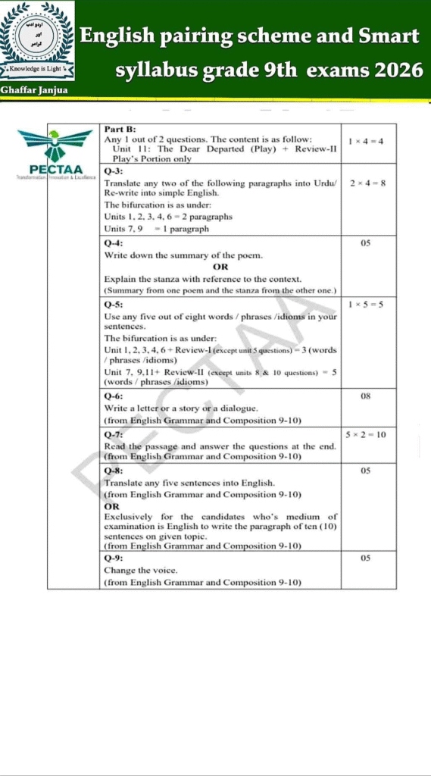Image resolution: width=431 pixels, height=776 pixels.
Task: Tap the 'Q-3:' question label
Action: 114,172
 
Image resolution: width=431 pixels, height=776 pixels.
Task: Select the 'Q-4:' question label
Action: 114,243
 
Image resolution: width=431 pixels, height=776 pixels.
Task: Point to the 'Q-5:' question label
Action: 114,304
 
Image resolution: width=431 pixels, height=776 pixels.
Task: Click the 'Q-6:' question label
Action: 114,396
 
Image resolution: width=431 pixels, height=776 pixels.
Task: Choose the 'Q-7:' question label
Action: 114,435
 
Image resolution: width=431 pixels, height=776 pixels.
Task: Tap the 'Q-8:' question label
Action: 114,471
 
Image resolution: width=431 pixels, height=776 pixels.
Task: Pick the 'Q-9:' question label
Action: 114,559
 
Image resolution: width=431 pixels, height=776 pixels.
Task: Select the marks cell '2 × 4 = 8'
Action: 367,183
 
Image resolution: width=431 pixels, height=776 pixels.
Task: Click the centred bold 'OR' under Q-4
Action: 220,267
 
